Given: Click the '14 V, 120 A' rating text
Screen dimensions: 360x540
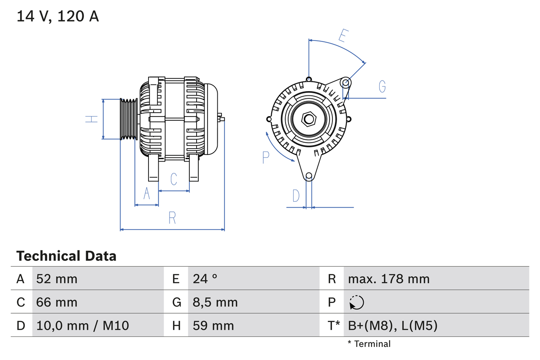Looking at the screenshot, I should point(58,16).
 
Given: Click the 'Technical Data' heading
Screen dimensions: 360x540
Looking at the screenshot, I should point(66,256).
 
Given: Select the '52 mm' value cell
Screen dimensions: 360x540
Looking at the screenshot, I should point(57,279).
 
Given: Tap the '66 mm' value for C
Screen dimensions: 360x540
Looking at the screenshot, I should point(57,302).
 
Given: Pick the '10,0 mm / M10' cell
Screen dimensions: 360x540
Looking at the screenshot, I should point(83,325).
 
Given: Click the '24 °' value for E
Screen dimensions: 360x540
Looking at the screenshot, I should point(205,279).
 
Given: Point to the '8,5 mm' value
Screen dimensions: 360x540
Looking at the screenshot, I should point(215,302).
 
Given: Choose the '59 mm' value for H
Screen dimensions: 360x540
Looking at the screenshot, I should point(213,325).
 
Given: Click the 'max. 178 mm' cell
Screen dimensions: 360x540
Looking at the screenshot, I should point(389,279).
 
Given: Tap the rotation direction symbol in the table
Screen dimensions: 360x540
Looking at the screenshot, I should point(356,303).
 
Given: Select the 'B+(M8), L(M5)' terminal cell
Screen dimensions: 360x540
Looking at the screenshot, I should point(392,325).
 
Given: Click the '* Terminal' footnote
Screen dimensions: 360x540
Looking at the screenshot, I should point(369,344).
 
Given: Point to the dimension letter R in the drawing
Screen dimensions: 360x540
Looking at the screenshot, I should point(172,218).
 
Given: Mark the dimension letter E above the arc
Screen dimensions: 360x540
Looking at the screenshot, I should point(343,36).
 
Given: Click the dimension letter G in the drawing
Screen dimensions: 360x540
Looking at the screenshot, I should point(382,87).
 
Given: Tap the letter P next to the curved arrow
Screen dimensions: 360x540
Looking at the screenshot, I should point(265,157).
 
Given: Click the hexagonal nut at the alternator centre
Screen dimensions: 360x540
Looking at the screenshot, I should point(309,119).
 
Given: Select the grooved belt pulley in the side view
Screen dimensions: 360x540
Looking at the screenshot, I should point(129,119).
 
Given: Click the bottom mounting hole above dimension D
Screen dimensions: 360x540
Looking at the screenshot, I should point(309,176).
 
